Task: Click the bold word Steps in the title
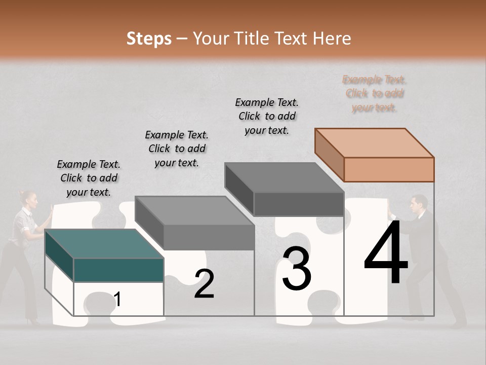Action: point(149,39)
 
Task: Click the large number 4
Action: point(386,254)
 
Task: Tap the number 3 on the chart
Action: point(297,269)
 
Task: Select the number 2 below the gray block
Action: point(204,284)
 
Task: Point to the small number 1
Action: point(117,300)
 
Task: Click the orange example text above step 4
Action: point(374,93)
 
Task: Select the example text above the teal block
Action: point(89,178)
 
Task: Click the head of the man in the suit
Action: point(419,203)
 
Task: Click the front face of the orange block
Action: point(389,169)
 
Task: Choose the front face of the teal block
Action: point(118,270)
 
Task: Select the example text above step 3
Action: point(267,116)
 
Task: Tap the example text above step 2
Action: point(177,149)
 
